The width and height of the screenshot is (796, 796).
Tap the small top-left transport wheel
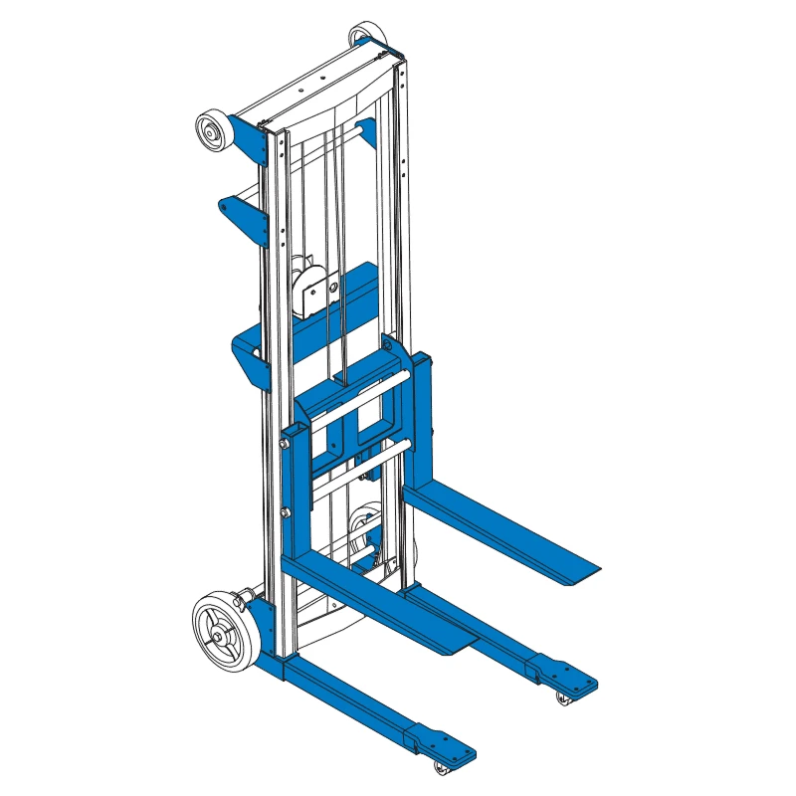point(212,131)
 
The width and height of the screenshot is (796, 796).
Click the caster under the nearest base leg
point(442,767)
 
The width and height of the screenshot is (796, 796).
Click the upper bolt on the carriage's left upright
point(287,445)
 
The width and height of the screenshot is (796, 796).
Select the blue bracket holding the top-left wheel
point(247,139)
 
